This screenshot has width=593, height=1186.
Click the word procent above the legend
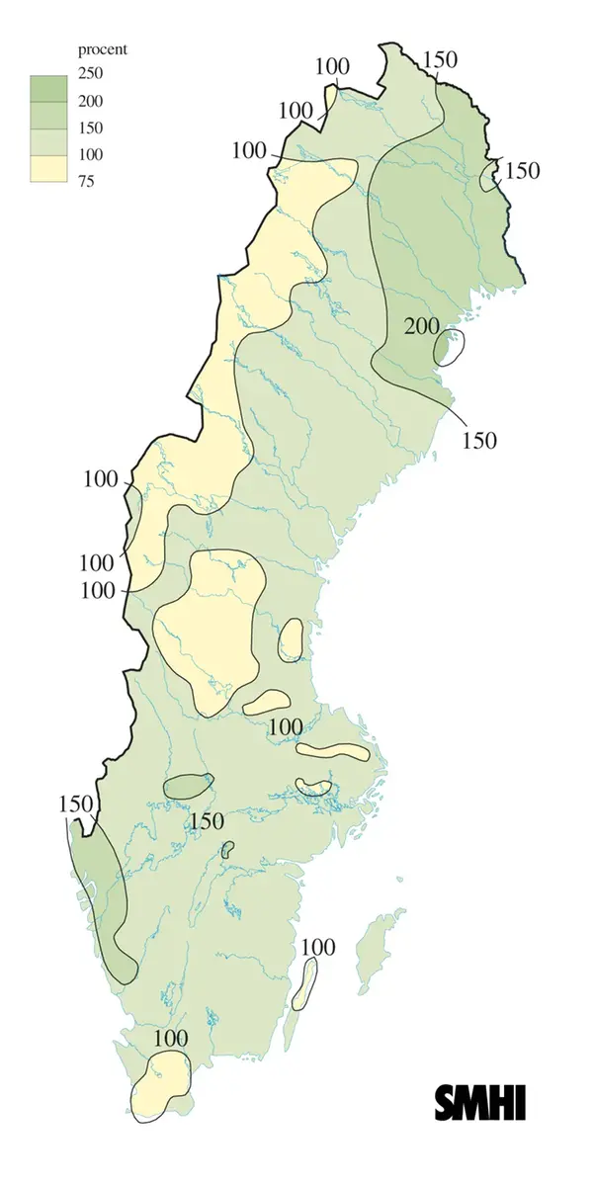103,49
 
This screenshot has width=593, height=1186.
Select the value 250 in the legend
91,74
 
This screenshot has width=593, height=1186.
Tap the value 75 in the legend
87,181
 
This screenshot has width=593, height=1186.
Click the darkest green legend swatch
47,88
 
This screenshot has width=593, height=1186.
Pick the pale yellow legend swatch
47,168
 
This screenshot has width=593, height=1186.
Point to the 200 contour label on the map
423,326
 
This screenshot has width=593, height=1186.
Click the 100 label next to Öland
317,947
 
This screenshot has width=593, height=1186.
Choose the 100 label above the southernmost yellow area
170,1039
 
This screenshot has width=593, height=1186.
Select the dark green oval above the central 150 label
188,787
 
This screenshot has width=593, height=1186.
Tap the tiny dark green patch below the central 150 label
228,848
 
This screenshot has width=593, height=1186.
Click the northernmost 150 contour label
439,59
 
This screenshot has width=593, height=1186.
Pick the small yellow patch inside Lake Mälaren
314,787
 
